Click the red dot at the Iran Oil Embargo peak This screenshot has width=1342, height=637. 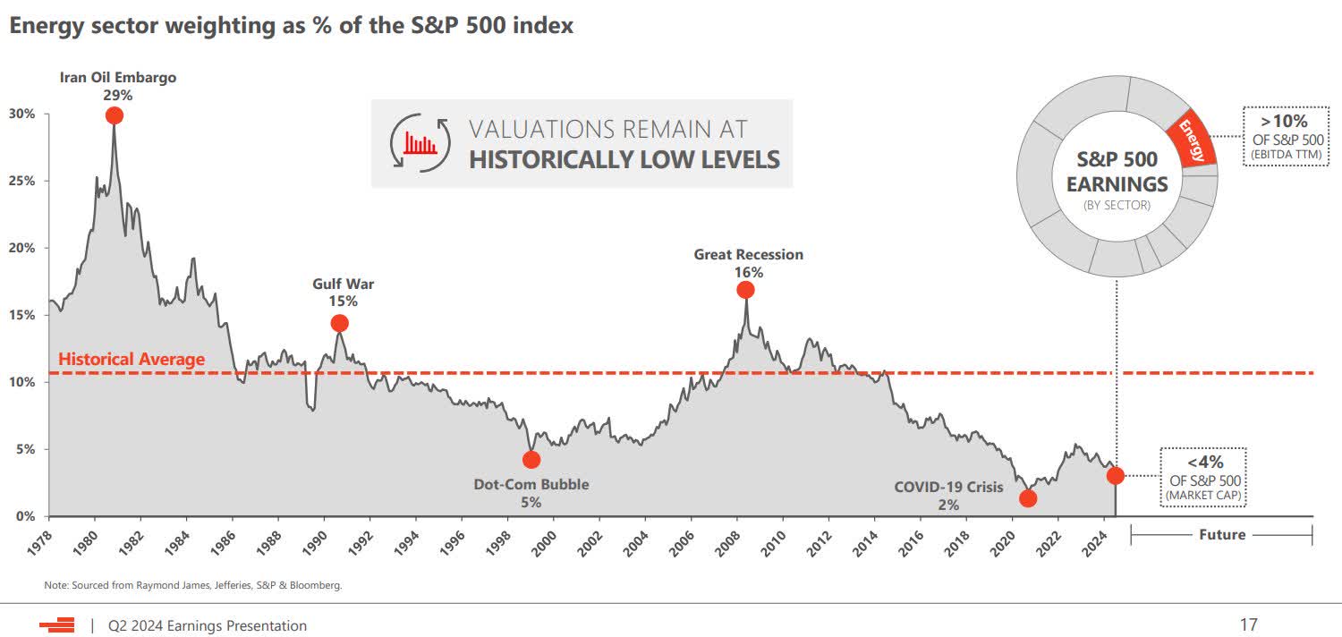point(114,115)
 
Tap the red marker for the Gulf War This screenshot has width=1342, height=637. point(339,323)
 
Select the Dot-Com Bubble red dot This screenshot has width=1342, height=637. point(531,460)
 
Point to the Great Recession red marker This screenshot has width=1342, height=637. point(745,290)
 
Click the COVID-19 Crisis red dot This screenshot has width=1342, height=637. point(1028,498)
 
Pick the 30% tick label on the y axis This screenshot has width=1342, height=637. point(22,114)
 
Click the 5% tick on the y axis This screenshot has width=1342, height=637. point(26,449)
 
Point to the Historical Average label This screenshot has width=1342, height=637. point(132,360)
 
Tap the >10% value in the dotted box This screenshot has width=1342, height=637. point(1285,121)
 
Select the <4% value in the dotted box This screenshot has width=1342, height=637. point(1205,462)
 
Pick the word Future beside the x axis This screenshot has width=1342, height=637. point(1222,534)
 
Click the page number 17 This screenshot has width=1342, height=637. point(1248,624)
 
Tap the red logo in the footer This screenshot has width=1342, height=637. point(56,625)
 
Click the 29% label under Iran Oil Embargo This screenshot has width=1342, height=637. point(118,95)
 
